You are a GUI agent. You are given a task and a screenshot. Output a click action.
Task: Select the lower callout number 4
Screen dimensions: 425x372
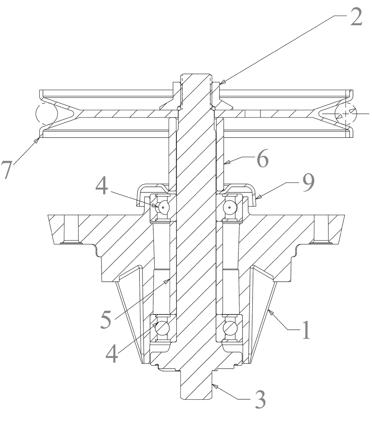click(x=112, y=353)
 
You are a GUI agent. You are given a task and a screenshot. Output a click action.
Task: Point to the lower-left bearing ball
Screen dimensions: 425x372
click(x=163, y=328)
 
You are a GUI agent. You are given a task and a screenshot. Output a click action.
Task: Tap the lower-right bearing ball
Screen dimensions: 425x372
click(x=230, y=328)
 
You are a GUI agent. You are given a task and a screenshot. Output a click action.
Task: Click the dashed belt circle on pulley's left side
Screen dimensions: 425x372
click(x=46, y=114)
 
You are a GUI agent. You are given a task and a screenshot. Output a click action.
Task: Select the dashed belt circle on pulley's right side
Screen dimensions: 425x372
click(x=346, y=114)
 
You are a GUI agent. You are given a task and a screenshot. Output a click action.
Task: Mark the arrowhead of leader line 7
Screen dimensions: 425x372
click(x=40, y=138)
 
